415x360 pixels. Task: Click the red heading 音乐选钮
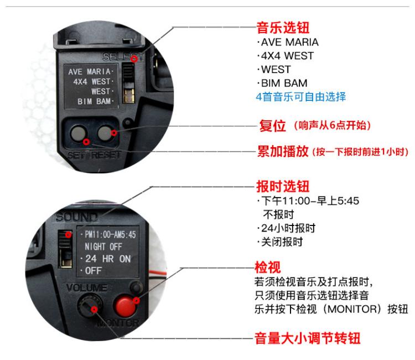[x=283, y=28]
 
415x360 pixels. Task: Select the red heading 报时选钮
[x=283, y=186]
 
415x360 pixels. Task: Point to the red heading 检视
[x=267, y=267]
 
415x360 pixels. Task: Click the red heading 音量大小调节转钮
[x=307, y=338]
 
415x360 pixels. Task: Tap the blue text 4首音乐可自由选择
[x=301, y=97]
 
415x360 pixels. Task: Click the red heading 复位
[x=273, y=126]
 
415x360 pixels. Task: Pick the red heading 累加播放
[x=283, y=152]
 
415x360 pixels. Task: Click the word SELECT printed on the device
[x=122, y=56]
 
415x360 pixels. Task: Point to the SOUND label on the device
[x=76, y=217]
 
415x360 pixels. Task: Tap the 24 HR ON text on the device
[x=108, y=259]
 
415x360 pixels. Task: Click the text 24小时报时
[x=288, y=228]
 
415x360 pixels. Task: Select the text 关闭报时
[x=282, y=241]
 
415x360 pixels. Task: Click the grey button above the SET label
[x=79, y=133]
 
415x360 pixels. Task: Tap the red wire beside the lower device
[x=158, y=273]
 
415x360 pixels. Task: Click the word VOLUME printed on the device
[x=86, y=287]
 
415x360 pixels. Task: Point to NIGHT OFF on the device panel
[x=103, y=246]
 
